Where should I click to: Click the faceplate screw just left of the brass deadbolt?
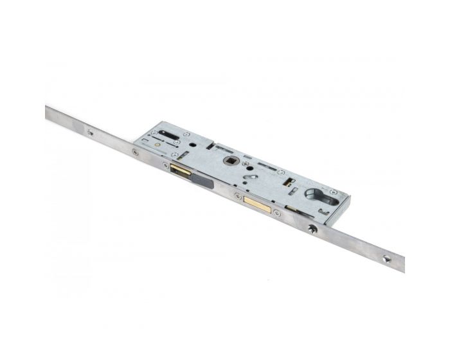[238, 196]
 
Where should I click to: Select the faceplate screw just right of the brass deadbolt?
[276, 212]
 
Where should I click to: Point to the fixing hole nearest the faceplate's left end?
[90, 133]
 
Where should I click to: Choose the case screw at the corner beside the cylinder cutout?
[333, 192]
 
